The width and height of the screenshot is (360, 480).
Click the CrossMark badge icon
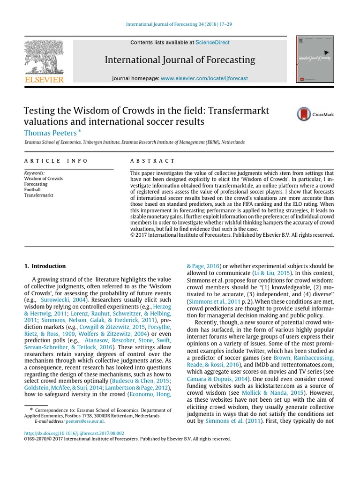pos(304,114)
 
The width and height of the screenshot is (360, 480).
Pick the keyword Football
pos(32,189)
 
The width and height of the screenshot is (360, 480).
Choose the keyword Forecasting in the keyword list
pos(36,184)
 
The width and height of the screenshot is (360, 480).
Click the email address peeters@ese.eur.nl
pos(90,421)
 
